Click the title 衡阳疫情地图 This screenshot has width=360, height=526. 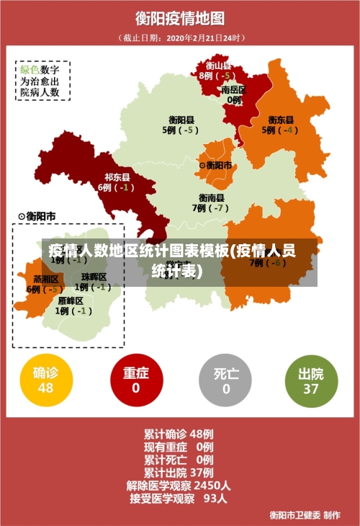[180, 18]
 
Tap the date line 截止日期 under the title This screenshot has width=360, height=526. [180, 37]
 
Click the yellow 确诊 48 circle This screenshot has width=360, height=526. [45, 380]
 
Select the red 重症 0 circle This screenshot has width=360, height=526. [135, 380]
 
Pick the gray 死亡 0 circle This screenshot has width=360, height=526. [225, 380]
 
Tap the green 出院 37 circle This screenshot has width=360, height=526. [310, 380]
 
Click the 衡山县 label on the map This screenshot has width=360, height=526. [218, 66]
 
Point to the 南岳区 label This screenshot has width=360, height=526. [233, 90]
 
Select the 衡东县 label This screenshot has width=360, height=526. [281, 120]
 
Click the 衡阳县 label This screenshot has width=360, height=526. [181, 120]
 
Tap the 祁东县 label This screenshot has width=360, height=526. [117, 177]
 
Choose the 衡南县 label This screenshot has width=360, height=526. [212, 197]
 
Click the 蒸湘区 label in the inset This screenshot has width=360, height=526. [45, 279]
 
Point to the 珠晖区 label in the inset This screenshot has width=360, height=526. [94, 277]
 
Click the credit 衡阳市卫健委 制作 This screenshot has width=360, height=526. [305, 514]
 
